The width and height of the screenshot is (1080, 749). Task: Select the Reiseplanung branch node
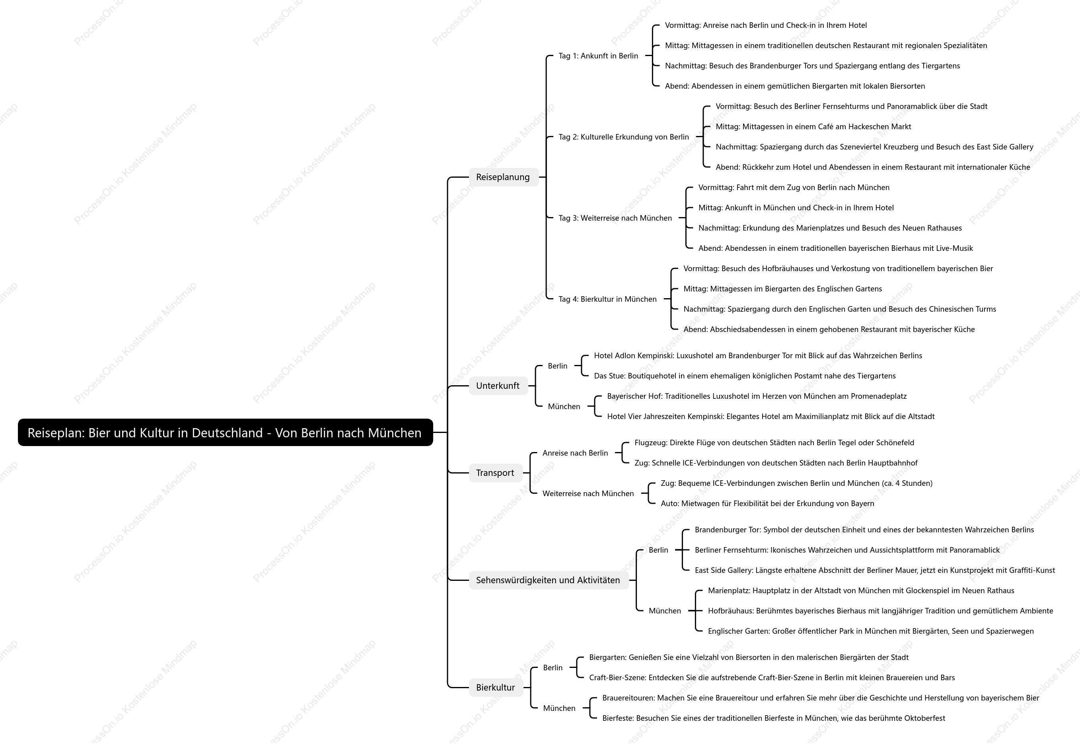503,177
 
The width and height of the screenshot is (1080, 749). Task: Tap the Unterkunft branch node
498,386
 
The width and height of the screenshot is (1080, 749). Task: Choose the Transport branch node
495,473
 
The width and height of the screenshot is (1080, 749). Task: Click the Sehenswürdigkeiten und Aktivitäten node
549,580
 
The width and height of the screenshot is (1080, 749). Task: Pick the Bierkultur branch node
496,687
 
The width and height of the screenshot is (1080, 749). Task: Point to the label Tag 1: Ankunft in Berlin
598,56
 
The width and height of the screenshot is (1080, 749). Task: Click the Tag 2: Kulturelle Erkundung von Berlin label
624,137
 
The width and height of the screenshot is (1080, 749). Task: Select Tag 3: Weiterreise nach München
615,218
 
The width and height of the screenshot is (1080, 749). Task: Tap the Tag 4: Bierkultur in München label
607,299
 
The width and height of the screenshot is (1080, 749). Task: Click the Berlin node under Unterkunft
557,366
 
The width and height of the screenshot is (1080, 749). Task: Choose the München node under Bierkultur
559,708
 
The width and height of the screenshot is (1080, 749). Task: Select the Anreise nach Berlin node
575,453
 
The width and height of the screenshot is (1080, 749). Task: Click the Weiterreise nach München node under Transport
588,494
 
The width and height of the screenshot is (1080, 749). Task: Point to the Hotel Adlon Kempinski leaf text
758,356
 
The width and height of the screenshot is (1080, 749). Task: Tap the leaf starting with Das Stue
745,376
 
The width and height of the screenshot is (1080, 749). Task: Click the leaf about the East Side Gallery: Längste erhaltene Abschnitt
875,570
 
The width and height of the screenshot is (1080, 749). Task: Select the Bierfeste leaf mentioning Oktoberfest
774,718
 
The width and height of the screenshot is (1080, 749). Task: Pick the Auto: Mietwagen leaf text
767,504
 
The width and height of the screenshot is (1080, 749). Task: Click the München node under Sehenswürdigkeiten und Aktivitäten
665,611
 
